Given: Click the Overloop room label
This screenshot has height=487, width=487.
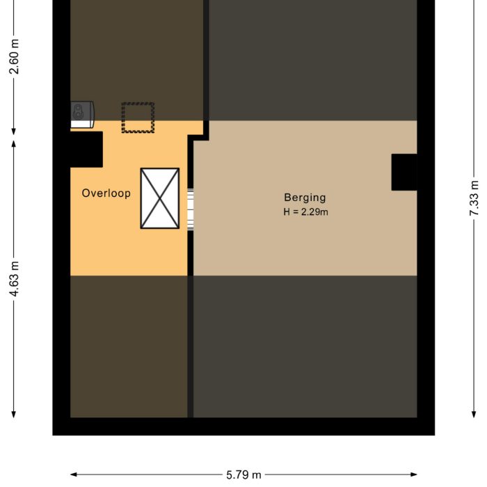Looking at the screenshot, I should [x=106, y=193].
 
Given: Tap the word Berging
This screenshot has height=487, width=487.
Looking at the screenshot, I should [x=305, y=198].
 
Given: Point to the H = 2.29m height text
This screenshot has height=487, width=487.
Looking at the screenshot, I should [x=305, y=211].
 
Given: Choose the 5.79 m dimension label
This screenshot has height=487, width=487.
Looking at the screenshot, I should [x=243, y=475].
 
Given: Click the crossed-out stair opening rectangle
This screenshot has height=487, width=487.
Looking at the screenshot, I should [x=160, y=198].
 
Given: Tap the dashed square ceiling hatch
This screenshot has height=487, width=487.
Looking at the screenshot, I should [x=138, y=118].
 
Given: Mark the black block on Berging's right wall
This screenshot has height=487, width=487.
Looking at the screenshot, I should [x=404, y=172].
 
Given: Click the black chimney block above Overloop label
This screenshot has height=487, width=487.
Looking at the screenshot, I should [x=86, y=149].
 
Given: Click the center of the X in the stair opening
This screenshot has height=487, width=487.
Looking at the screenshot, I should [x=160, y=198].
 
